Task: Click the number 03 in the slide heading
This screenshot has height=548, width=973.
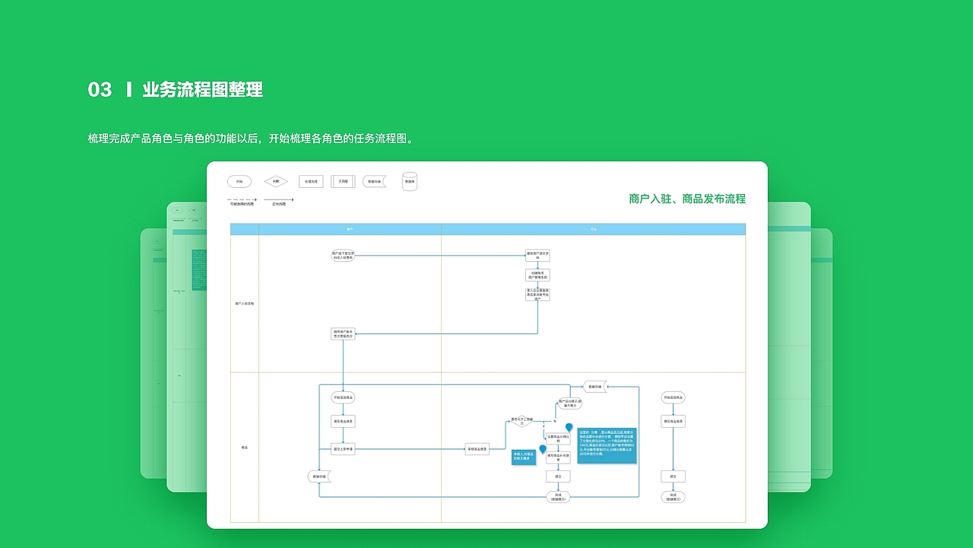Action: pos(100,90)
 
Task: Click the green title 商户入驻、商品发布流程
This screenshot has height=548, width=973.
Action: pos(687,199)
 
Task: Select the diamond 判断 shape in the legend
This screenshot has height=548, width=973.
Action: pos(276,182)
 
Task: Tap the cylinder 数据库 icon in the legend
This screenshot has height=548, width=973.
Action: pos(410,181)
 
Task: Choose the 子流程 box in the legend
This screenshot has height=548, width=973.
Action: pos(343,182)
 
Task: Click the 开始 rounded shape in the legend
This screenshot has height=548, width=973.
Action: pos(239,182)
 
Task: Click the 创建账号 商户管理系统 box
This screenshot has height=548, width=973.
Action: pos(537,275)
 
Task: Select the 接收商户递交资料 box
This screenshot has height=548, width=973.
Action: pos(537,256)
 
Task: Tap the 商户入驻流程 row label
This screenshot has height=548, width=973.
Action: pos(245,304)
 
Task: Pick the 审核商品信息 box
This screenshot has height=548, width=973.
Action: pos(477,449)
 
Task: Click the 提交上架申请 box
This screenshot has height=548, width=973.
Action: pos(343,449)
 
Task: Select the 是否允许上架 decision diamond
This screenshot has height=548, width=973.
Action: pos(521,420)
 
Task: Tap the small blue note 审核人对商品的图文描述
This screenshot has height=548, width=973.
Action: pos(524,457)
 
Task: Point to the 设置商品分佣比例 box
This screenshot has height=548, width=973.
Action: pos(558,438)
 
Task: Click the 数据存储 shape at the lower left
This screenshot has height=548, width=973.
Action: pos(319,476)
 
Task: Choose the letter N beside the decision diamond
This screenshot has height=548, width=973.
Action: pos(555,420)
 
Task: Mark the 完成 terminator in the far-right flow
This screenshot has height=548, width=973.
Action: pos(673,497)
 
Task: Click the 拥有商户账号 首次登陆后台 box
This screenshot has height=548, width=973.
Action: pos(343,333)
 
